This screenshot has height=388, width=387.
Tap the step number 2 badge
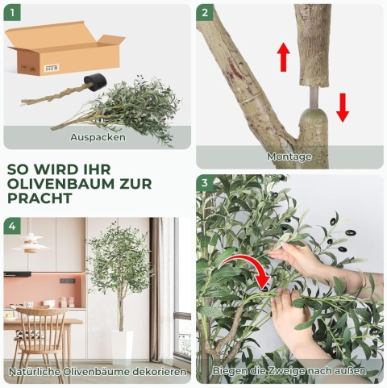[205, 13]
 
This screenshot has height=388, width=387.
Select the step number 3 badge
[205, 184]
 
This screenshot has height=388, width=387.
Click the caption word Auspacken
[98, 137]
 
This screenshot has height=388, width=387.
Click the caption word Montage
[289, 156]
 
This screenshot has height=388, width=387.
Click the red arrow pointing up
[283, 57]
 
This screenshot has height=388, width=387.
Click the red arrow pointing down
[343, 106]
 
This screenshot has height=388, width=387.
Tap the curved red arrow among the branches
[251, 267]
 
